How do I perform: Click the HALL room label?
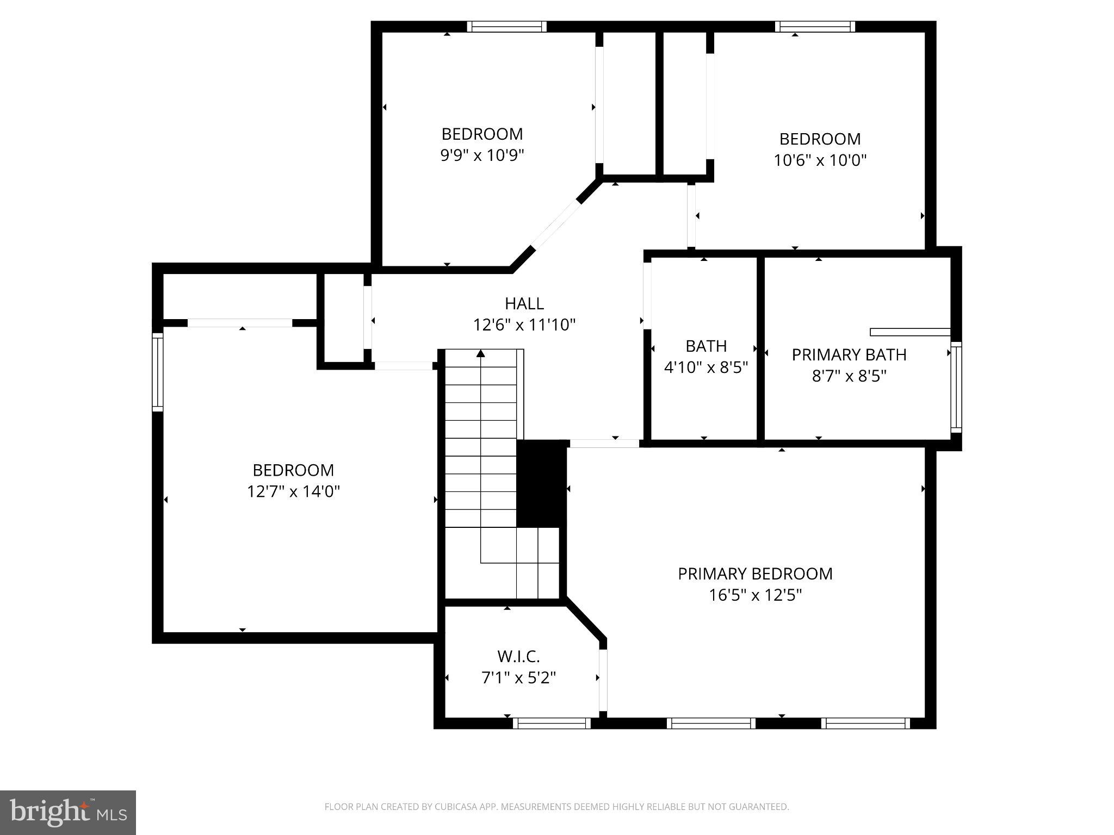click(x=524, y=303)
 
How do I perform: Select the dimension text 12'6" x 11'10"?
click(x=524, y=325)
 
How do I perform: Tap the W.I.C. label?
click(x=518, y=657)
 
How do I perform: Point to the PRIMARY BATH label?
click(x=849, y=355)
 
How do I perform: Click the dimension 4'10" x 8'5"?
click(x=705, y=368)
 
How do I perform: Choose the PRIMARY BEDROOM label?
click(x=755, y=574)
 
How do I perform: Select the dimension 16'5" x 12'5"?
click(x=755, y=595)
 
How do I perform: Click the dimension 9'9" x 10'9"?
click(x=482, y=155)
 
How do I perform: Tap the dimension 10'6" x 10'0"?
click(x=820, y=160)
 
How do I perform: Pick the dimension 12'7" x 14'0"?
click(x=293, y=491)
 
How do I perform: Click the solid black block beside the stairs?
click(x=541, y=483)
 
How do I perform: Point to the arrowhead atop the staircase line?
click(x=480, y=354)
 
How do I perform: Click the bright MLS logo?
click(x=68, y=812)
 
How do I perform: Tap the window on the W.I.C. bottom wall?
click(x=552, y=723)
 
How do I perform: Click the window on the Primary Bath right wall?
click(x=956, y=387)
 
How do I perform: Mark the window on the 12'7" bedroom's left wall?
click(x=157, y=372)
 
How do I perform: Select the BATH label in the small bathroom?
click(x=705, y=346)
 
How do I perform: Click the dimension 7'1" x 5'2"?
click(x=518, y=678)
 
